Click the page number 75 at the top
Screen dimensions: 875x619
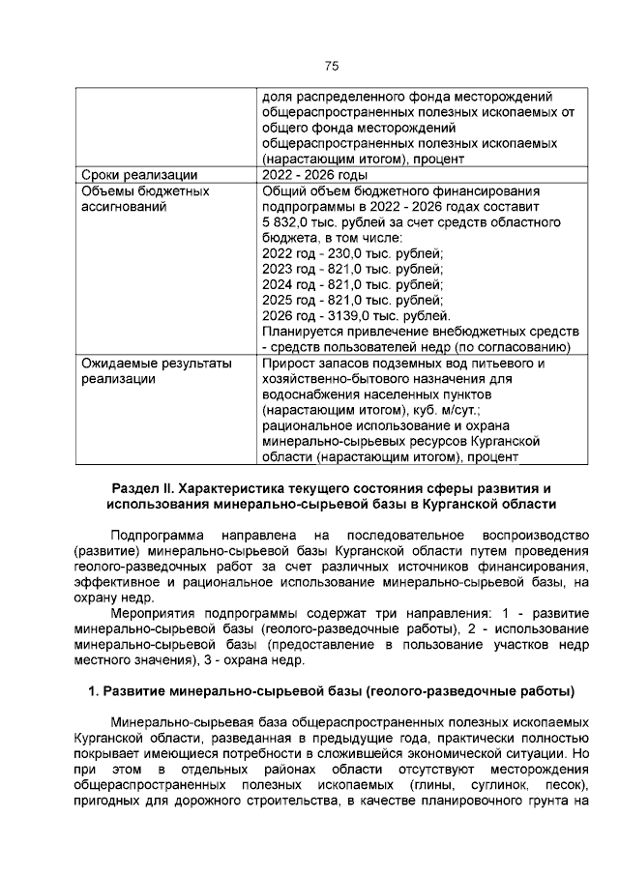point(331,66)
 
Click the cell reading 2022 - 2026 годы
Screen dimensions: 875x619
point(314,175)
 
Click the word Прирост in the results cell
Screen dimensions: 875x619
point(290,364)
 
